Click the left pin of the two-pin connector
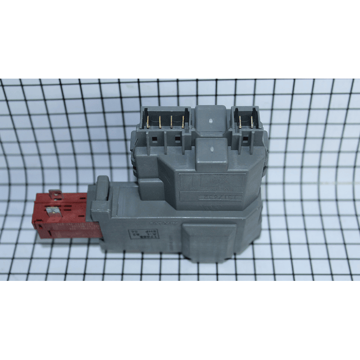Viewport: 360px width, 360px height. pos(240,122)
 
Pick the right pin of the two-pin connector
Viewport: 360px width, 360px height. pos(251,122)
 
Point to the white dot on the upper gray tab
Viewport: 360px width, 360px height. pos(212,121)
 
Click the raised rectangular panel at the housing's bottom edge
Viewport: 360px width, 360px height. pos(209,241)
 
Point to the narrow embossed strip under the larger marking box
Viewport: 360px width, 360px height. pos(210,197)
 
